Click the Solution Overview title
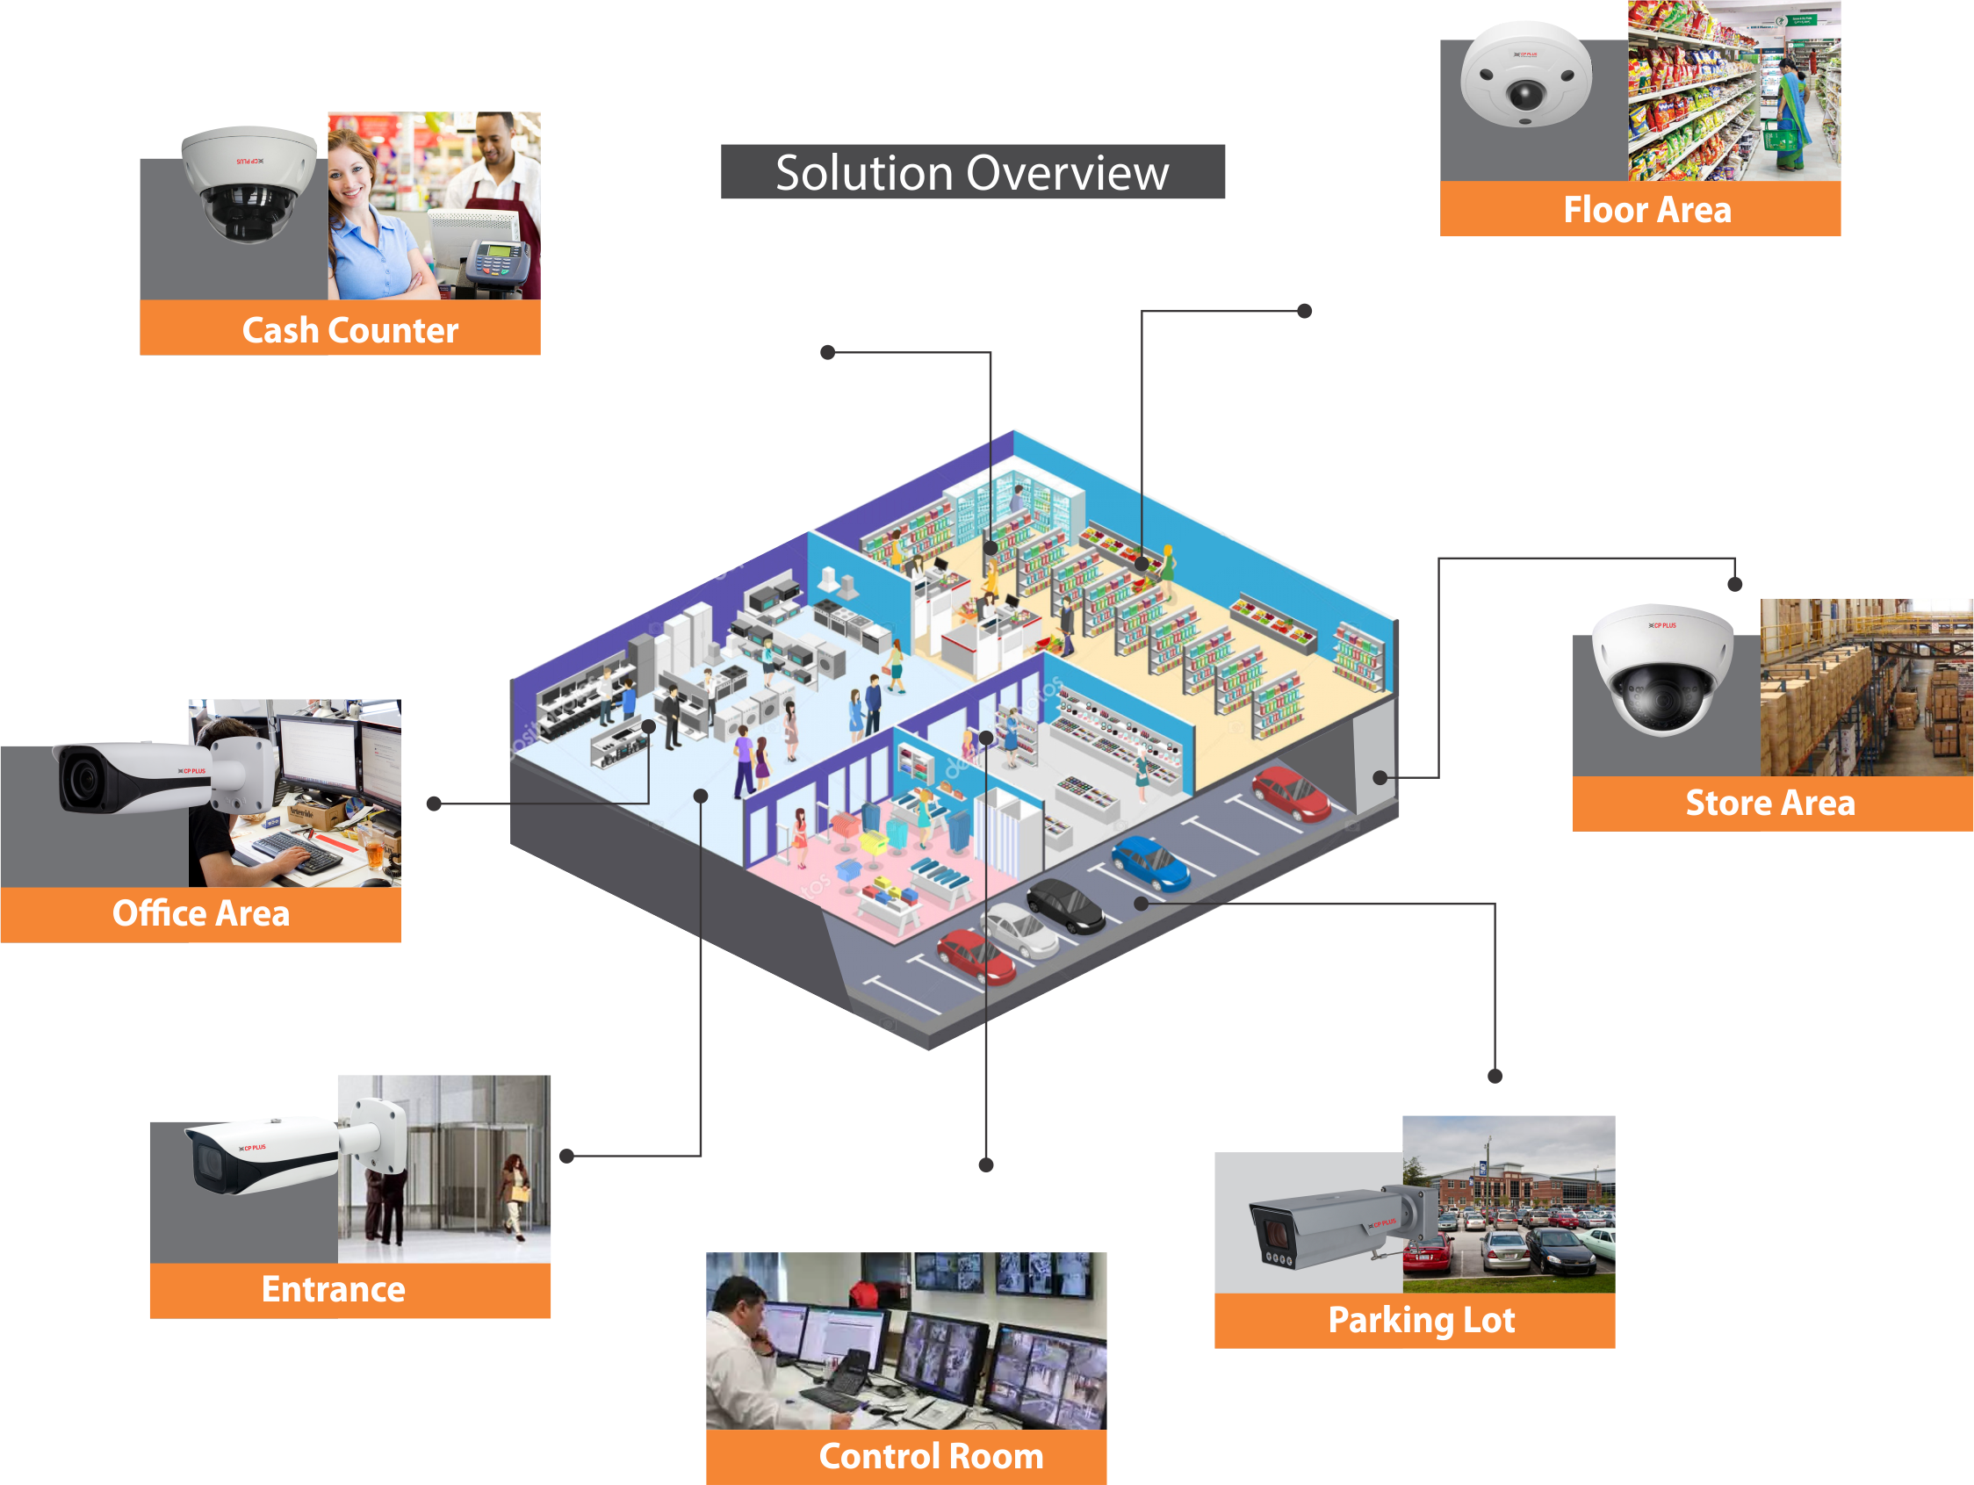972,172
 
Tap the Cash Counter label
349,330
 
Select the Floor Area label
1646,211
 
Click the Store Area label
1769,804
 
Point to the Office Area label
201,914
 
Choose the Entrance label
333,1289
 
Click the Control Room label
931,1456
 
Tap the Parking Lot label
1421,1320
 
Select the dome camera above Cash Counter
249,183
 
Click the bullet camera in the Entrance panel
268,1156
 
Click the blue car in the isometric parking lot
1150,863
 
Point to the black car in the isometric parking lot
1065,905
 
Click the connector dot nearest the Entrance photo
566,1156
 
